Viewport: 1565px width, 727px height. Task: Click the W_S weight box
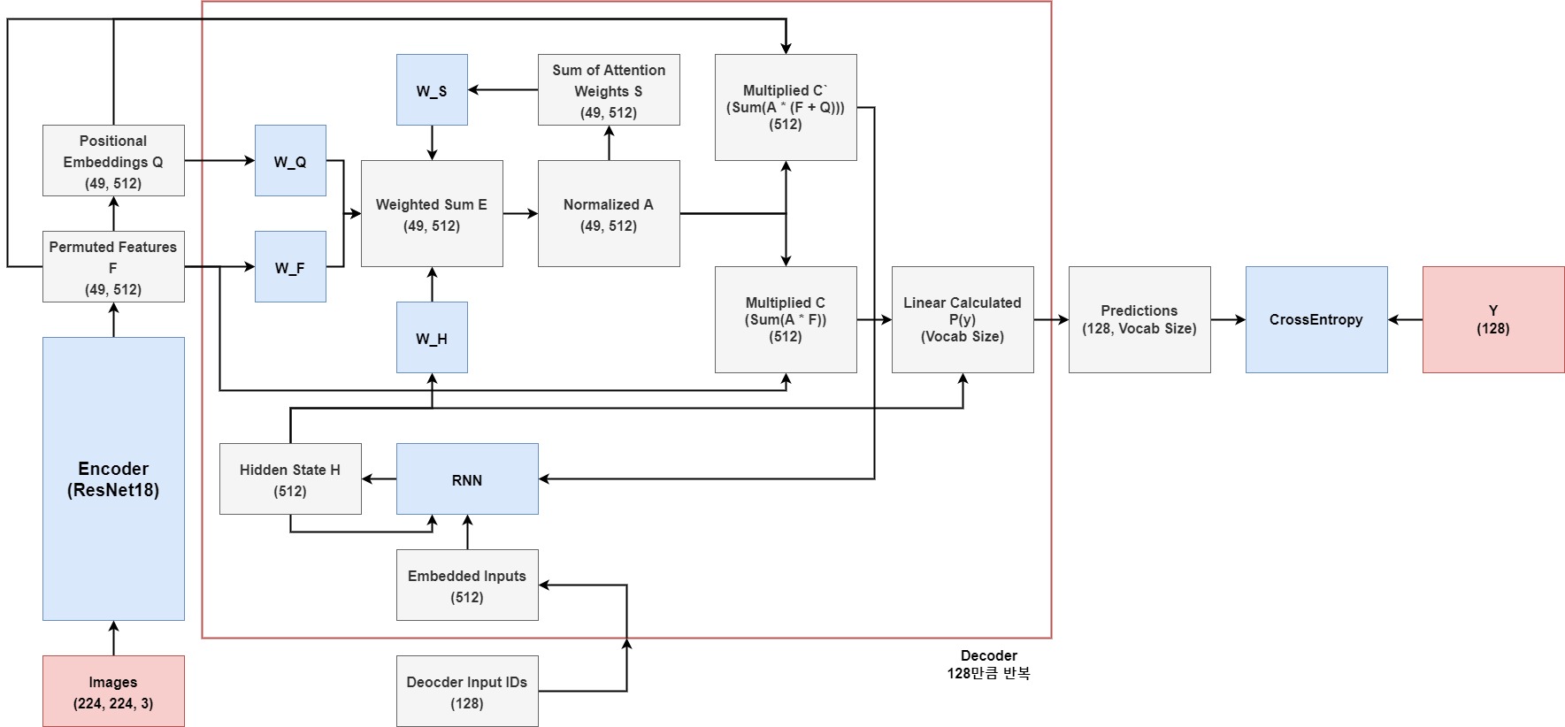432,90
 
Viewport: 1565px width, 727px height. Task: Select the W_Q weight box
290,161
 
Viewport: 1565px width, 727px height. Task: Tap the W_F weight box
290,267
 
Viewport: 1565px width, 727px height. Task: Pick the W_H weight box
432,338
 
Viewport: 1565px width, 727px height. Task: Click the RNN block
467,479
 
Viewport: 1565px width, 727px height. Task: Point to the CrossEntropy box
1316,319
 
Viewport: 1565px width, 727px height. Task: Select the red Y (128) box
1493,319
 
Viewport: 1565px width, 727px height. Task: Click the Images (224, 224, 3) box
113,692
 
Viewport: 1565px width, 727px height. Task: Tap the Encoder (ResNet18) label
113,479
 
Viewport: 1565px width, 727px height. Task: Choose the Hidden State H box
290,479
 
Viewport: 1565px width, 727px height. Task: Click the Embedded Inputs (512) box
467,585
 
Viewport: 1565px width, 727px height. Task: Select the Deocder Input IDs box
467,692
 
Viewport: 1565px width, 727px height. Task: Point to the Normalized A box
609,214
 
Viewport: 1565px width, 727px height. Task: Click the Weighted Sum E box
432,214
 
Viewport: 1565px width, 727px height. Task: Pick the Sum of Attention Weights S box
609,90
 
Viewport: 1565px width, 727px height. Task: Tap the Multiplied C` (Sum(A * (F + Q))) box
786,107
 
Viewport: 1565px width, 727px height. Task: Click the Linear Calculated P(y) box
963,319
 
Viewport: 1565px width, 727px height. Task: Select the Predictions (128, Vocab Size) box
1139,319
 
